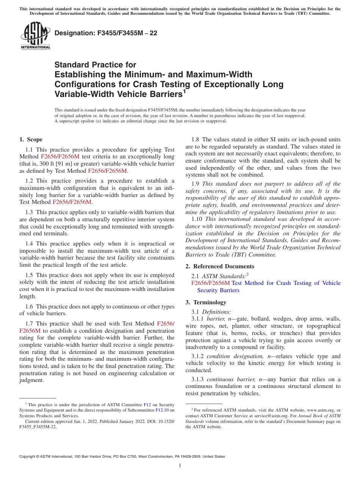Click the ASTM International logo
[35, 36]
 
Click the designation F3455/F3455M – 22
[106, 33]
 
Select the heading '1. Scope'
[31, 139]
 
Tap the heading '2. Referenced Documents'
[220, 266]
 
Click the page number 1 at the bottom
[180, 466]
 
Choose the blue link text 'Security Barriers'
[218, 290]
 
